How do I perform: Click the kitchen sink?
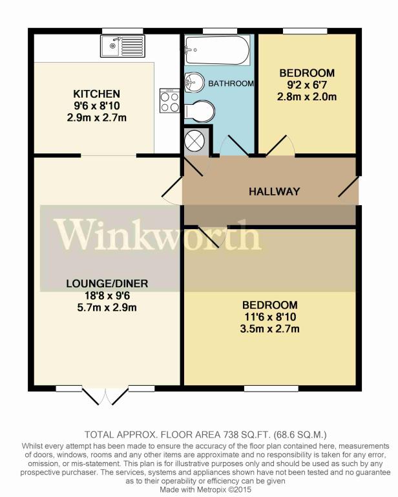click(123, 47)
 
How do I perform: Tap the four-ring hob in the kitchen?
click(170, 101)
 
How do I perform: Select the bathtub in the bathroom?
click(217, 50)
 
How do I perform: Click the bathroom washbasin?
click(194, 82)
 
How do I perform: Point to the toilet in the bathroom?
click(199, 111)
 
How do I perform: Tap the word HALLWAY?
click(274, 192)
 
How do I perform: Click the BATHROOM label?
click(231, 83)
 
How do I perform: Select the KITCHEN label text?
click(96, 94)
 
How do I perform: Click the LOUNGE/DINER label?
click(107, 283)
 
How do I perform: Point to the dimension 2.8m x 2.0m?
click(306, 96)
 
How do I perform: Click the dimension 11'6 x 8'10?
click(270, 316)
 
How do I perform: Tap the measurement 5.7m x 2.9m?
click(107, 307)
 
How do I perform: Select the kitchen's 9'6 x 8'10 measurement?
click(97, 106)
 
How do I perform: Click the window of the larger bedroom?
click(271, 388)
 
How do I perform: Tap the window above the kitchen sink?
click(123, 31)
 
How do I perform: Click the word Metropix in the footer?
click(211, 489)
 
